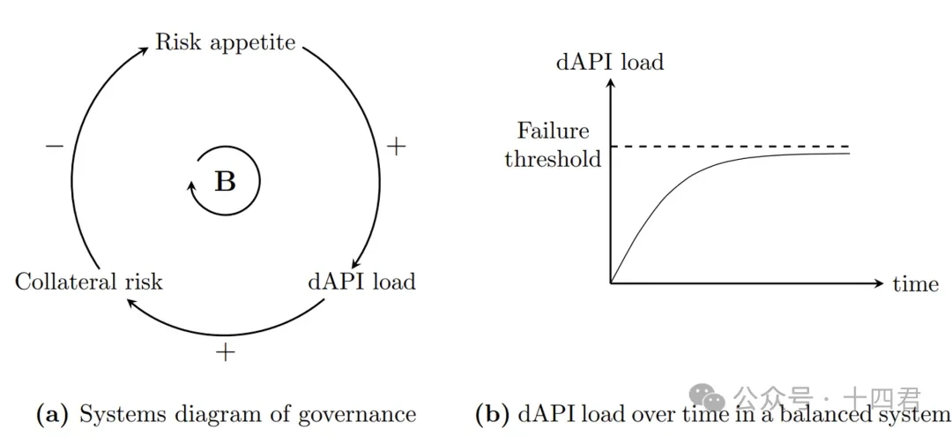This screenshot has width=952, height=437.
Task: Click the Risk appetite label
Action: pyautogui.click(x=225, y=41)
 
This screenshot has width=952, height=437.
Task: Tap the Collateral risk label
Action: pyautogui.click(x=89, y=282)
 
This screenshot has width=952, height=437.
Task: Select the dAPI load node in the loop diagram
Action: pyautogui.click(x=361, y=282)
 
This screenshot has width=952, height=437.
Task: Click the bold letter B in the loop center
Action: pyautogui.click(x=226, y=182)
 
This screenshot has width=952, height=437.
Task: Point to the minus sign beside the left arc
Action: pyautogui.click(x=54, y=146)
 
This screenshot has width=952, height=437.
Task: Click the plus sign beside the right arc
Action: pyautogui.click(x=397, y=147)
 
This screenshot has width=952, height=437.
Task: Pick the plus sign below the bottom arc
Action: pyautogui.click(x=226, y=352)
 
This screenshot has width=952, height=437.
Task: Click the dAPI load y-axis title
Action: pyautogui.click(x=610, y=62)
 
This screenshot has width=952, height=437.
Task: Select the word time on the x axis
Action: pyautogui.click(x=914, y=284)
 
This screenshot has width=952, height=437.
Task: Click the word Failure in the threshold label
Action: pyautogui.click(x=553, y=132)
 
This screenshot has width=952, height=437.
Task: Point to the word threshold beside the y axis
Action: pyautogui.click(x=553, y=159)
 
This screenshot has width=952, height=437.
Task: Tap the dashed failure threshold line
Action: pyautogui.click(x=732, y=146)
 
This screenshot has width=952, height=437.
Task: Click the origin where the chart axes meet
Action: pyautogui.click(x=610, y=283)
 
